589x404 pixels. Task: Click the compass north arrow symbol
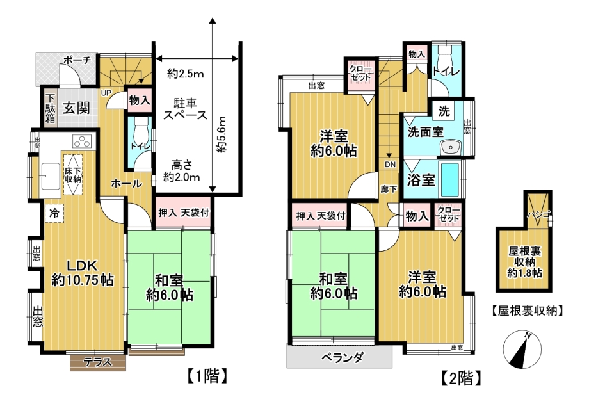pos(522,350)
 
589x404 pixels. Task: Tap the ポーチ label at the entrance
pos(77,60)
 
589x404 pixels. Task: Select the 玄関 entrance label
pos(76,108)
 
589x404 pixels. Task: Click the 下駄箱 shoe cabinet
pos(50,108)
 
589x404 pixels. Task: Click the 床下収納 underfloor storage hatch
pos(73,175)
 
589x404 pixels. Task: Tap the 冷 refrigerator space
pos(54,213)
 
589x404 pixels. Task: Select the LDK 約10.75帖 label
pos(83,273)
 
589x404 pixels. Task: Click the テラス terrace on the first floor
pos(98,362)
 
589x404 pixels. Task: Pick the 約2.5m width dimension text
pos(186,74)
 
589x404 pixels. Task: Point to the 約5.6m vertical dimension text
pos(222,134)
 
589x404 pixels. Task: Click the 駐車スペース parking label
pos(185,109)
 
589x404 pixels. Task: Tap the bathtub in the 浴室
pos(449,179)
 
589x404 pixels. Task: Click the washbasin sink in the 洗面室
pos(450,147)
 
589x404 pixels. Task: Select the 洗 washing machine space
pos(444,111)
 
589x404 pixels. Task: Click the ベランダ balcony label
pos(343,357)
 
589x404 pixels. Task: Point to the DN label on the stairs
pos(390,165)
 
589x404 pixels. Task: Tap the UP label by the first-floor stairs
pos(105,92)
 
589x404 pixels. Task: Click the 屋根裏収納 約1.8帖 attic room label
pos(524,262)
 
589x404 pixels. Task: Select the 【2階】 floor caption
pos(461,378)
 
